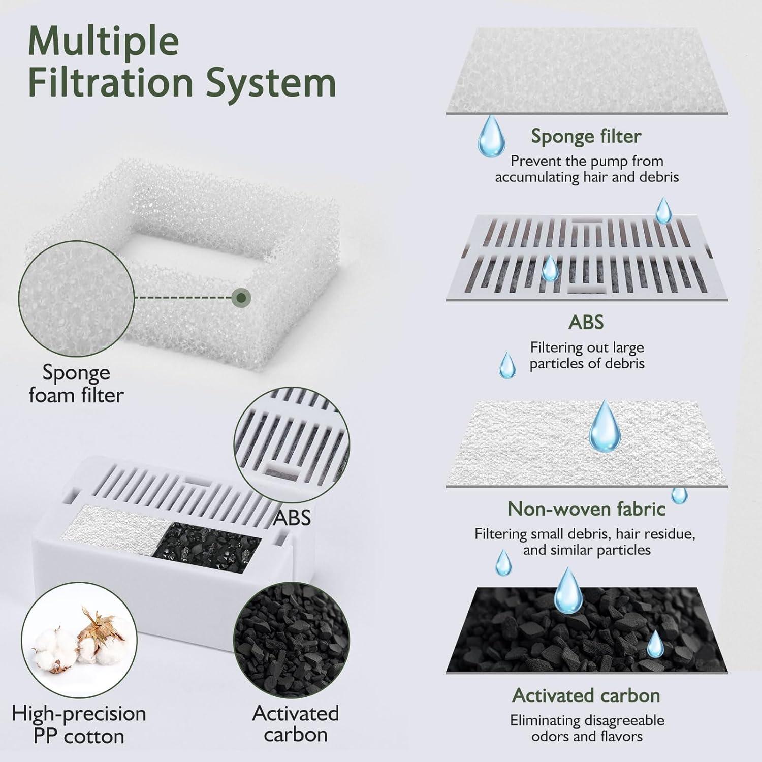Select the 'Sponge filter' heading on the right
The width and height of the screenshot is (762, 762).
pos(586,136)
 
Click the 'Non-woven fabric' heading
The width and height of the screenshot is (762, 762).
pos(586,509)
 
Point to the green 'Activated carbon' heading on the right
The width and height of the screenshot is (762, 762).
pos(586,695)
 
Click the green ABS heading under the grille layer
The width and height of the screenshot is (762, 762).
pos(586,322)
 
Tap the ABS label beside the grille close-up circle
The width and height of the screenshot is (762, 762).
pos(292,518)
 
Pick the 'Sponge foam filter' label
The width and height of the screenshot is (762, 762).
pos(76,384)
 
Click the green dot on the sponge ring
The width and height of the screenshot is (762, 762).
pos(242,298)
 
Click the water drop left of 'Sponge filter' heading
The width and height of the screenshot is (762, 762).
pos(492,136)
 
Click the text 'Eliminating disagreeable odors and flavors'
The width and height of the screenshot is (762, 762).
pos(587,728)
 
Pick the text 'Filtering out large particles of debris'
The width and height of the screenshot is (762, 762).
pos(587,356)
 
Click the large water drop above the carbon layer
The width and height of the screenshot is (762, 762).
pos(568,590)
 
